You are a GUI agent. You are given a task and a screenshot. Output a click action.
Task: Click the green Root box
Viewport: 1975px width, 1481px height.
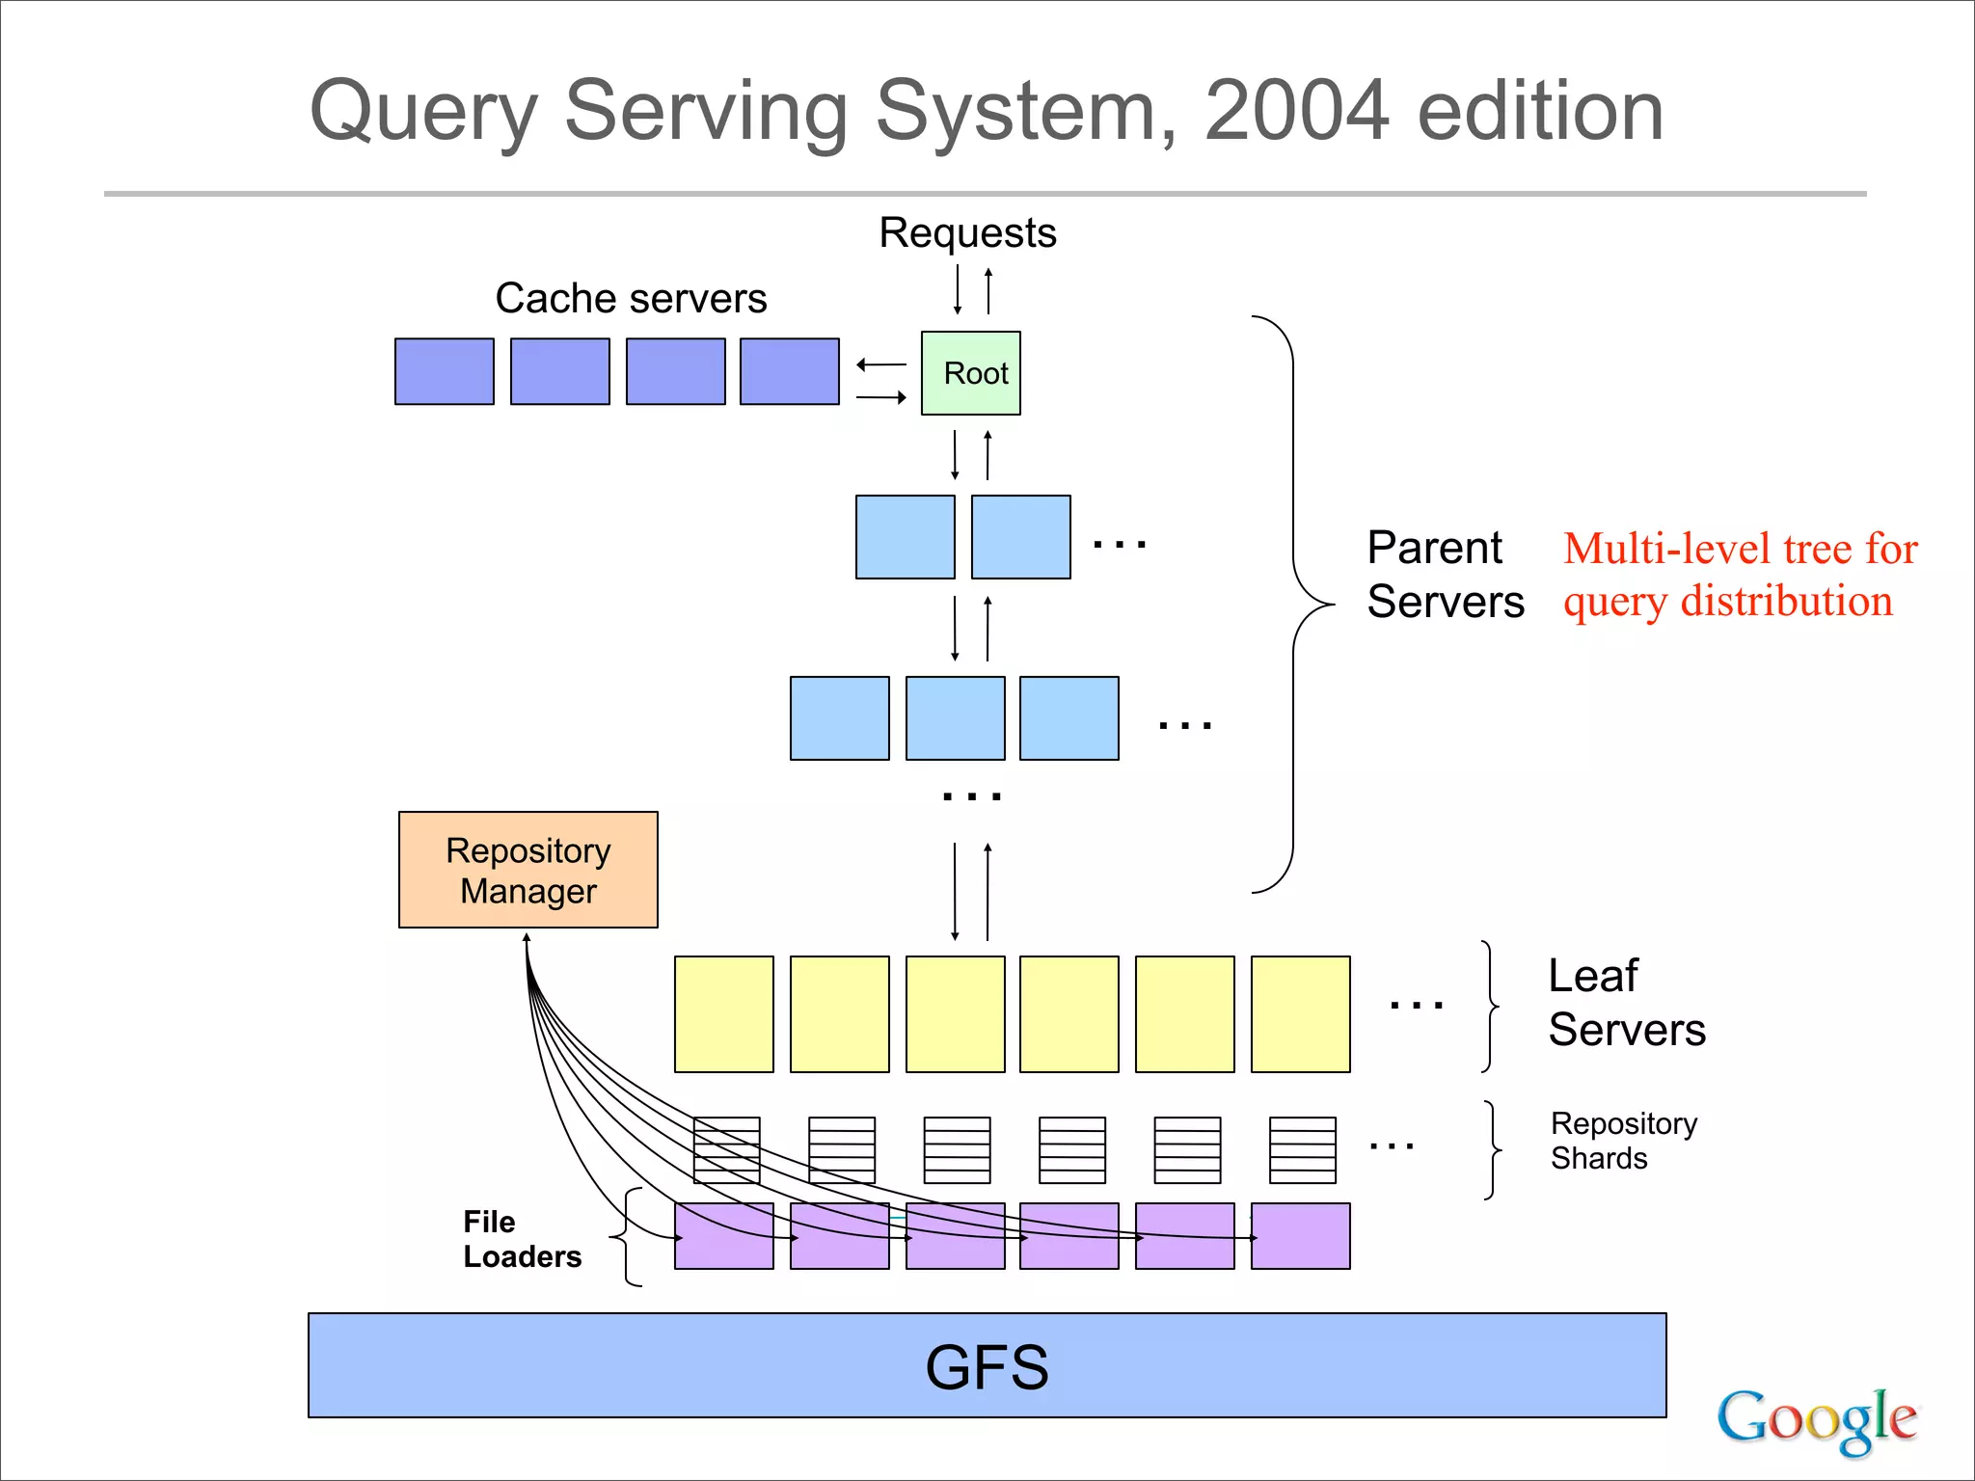(x=970, y=373)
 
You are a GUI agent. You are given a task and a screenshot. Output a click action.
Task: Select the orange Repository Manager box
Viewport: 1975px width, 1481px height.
(x=528, y=870)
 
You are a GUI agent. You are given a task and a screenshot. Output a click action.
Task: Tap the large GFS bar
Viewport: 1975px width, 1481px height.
(x=987, y=1365)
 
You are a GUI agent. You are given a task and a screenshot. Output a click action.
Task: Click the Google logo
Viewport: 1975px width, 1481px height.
(x=1816, y=1419)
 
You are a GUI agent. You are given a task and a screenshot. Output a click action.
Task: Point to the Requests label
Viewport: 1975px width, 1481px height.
(x=967, y=233)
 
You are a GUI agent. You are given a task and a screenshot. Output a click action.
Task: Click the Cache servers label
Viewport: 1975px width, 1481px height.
(x=631, y=298)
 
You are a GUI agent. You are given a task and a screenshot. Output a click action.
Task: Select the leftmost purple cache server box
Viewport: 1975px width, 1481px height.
(x=444, y=371)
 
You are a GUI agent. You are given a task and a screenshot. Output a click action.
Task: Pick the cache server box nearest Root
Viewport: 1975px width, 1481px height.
(x=789, y=371)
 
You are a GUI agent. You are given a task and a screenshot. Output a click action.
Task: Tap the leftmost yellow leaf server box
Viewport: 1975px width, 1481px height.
(x=723, y=1014)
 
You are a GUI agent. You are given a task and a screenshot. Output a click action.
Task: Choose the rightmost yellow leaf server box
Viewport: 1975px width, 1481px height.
(x=1300, y=1014)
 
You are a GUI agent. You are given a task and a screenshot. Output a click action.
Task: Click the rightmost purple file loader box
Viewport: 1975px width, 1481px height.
(x=1300, y=1236)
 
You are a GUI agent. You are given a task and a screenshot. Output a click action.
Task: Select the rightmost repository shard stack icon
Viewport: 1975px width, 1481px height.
(x=1302, y=1150)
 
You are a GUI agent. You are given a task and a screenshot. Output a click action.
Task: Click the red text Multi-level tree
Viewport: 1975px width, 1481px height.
(x=1741, y=550)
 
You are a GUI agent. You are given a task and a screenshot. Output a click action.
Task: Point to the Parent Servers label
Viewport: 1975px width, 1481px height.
(x=1445, y=575)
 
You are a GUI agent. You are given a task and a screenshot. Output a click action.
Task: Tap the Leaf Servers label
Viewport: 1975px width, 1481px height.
(x=1626, y=1003)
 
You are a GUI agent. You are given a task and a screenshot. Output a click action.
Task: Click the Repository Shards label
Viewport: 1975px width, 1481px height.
(x=1623, y=1141)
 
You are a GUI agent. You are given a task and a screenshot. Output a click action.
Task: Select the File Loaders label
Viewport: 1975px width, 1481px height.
(x=521, y=1239)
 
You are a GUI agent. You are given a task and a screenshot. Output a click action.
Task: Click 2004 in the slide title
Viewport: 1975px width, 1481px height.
(x=1296, y=111)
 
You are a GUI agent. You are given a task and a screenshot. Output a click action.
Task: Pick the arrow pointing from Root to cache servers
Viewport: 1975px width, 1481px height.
(x=880, y=364)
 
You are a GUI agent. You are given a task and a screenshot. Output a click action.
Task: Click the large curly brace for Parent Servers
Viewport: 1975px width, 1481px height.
(x=1294, y=605)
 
